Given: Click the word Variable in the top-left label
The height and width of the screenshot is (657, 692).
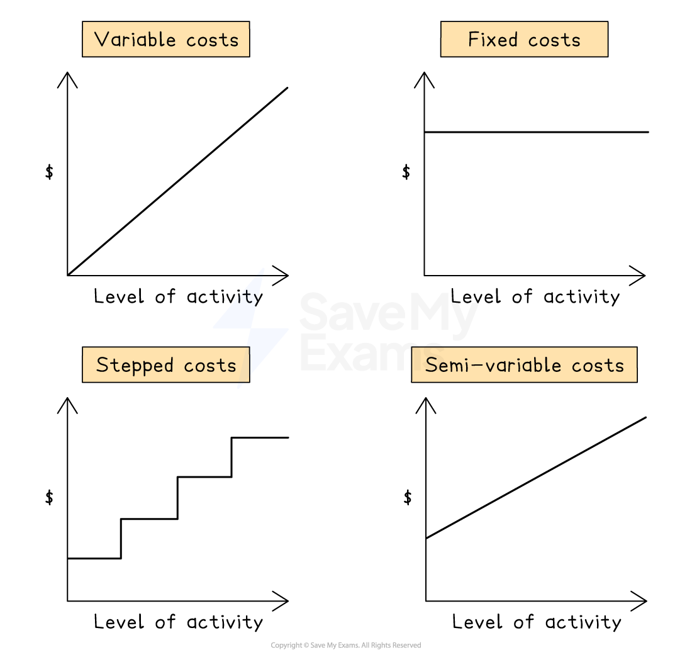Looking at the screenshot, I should click(x=135, y=40).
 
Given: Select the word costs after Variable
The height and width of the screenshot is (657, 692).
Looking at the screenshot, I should click(x=213, y=40).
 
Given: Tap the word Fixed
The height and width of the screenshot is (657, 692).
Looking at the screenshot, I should click(x=493, y=40).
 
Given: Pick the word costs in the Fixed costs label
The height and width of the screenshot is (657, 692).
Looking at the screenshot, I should click(x=554, y=40).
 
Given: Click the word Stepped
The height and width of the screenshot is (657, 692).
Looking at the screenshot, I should click(x=135, y=365).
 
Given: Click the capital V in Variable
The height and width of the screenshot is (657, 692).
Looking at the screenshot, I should click(x=101, y=40).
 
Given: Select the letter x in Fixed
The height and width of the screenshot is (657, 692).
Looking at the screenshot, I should click(x=494, y=41).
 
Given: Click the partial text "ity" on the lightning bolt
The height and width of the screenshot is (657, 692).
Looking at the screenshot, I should click(x=246, y=296).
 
